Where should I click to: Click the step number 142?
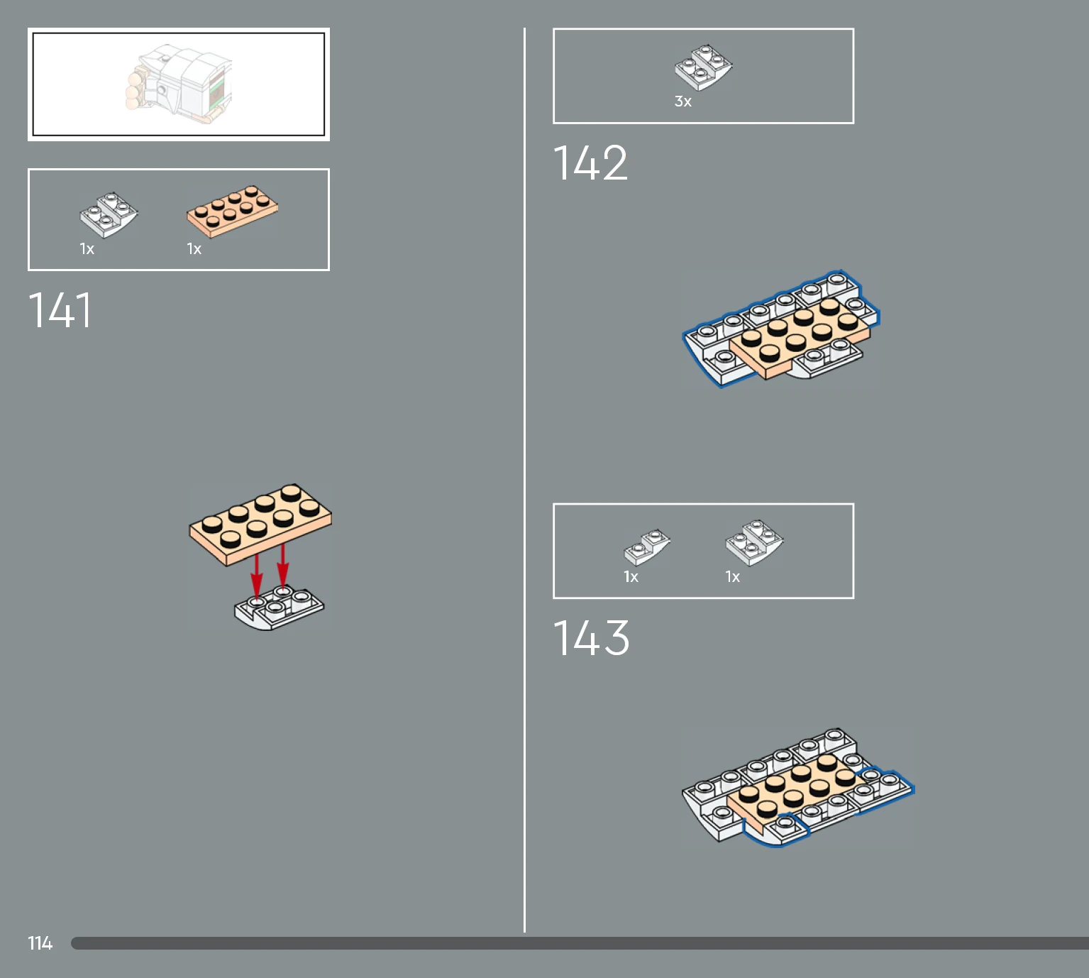click(590, 163)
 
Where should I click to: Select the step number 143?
click(591, 637)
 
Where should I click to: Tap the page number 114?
click(40, 943)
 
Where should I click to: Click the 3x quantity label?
click(682, 101)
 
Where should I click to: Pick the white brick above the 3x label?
click(704, 67)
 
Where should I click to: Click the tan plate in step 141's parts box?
click(232, 211)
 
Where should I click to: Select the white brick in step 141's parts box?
click(109, 214)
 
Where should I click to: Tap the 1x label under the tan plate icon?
click(194, 249)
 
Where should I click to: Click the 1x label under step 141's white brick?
click(87, 249)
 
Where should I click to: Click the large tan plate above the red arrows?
click(260, 524)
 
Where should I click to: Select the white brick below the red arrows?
click(279, 608)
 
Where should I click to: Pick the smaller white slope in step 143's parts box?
click(646, 548)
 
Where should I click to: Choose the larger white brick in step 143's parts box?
click(754, 542)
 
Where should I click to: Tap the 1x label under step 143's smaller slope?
click(631, 577)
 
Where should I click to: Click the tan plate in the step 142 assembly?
click(800, 338)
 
